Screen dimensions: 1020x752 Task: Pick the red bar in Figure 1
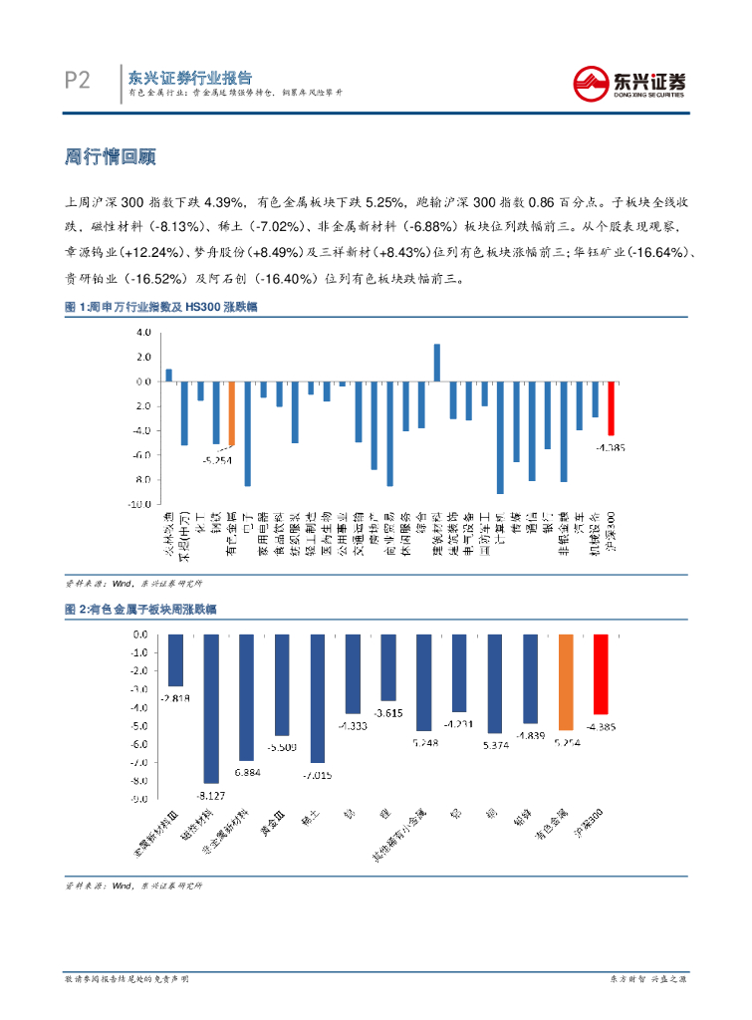(611, 407)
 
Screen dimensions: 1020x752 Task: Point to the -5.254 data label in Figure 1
(216, 460)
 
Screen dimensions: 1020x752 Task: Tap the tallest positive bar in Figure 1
(437, 363)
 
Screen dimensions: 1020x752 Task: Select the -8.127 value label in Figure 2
(210, 794)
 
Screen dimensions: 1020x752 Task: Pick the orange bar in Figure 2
(566, 682)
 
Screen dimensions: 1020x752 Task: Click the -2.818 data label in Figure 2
(174, 697)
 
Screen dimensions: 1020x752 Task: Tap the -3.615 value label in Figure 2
(387, 713)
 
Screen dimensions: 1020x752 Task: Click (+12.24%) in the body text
(146, 252)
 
